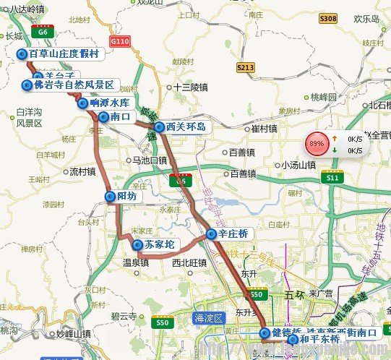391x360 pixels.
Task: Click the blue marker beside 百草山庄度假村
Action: pos(22,54)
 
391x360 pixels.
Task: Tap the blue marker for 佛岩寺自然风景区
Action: pos(27,85)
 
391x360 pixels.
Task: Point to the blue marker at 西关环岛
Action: pos(159,126)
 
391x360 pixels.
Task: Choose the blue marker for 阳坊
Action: pos(111,196)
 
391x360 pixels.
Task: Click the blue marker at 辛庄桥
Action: pos(210,234)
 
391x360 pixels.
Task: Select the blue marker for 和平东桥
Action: pos(292,338)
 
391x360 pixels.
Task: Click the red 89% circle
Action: pos(316,144)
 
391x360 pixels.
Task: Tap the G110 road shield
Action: pos(121,42)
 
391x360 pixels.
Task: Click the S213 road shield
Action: pos(246,67)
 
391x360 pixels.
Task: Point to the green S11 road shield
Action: pos(332,178)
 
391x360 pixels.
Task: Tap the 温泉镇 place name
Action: pos(135,263)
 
